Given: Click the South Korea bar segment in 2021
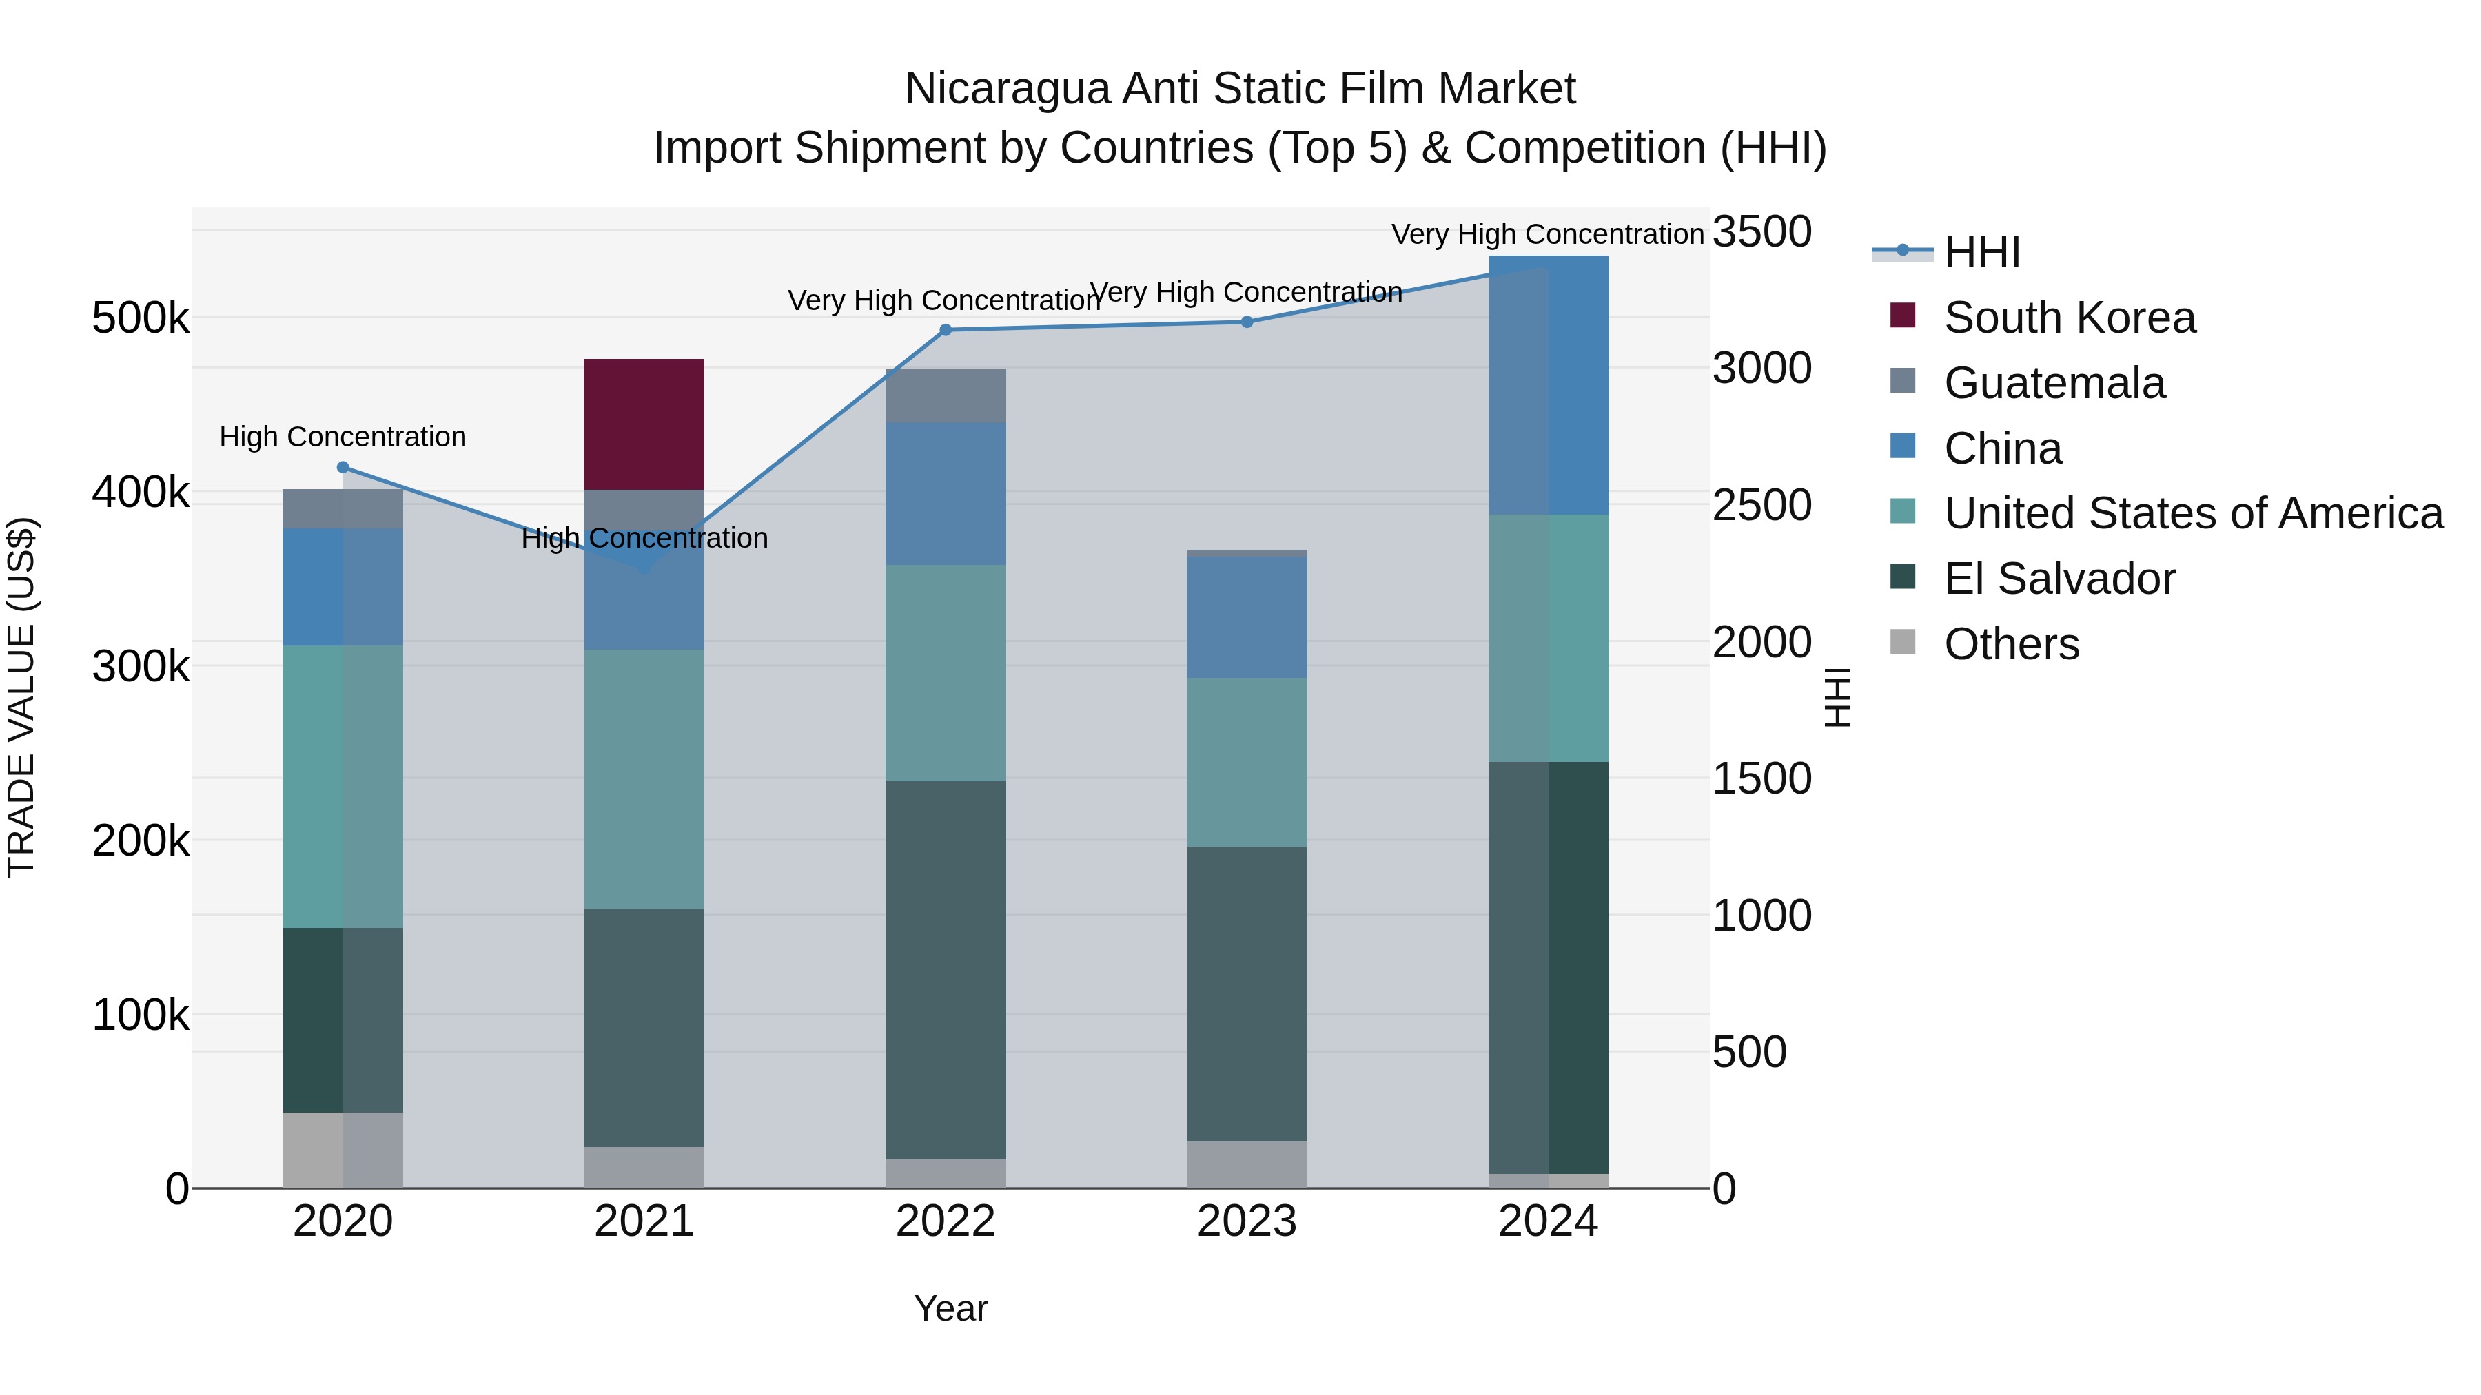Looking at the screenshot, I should (644, 424).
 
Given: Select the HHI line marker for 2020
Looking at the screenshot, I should (343, 468).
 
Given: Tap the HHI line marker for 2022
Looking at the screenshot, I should (946, 330).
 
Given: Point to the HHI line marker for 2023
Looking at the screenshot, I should (1246, 322).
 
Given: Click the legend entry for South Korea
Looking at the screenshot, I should (2069, 318).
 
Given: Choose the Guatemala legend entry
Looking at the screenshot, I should (2054, 383).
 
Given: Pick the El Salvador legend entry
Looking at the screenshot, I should (2059, 579).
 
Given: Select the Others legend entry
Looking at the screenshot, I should (2011, 644).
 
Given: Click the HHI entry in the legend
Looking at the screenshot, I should (1981, 252).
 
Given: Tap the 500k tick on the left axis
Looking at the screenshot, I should (141, 318).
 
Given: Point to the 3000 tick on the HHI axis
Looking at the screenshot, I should (1762, 368).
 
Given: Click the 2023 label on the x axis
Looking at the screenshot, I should (1246, 1221).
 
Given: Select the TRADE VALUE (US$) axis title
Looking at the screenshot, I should (21, 697).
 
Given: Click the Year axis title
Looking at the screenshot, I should (950, 1308).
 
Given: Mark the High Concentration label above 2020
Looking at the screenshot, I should (343, 437).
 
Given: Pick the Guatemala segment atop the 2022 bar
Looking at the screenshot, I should (946, 395).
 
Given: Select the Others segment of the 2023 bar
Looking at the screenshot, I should (1246, 1165).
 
